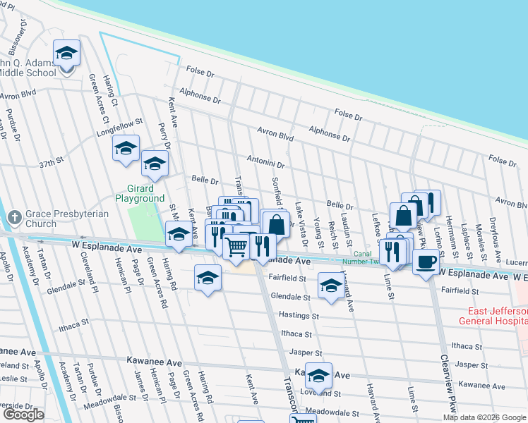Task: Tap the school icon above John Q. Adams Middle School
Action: pyautogui.click(x=66, y=54)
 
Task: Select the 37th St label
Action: pyautogui.click(x=51, y=163)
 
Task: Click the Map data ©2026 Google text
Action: pyautogui.click(x=484, y=417)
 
